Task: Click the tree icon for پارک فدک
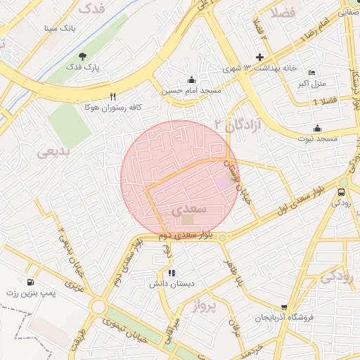coord(82,56)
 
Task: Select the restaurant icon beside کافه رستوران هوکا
coord(112,96)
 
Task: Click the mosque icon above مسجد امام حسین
coord(191,79)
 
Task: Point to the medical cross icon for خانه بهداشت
coord(259,57)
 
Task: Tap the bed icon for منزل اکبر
coord(312,73)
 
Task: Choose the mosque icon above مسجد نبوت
coord(318,128)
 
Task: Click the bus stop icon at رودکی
coord(342,191)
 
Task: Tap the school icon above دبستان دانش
coord(171,273)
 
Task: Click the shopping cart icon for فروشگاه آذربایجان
coord(283,307)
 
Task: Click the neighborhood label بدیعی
coord(53,150)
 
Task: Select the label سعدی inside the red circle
coord(189,210)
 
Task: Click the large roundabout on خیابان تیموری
coord(98,307)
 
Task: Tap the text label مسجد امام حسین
coord(192,91)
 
